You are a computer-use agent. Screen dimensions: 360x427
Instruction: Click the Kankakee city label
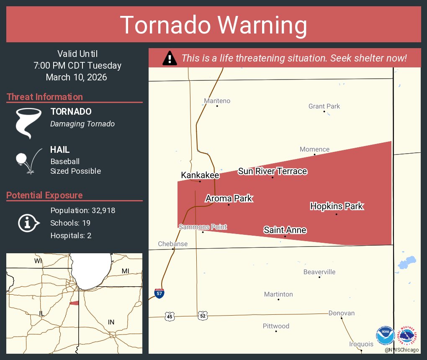click(x=200, y=175)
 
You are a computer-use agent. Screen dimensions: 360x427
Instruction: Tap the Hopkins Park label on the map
click(x=337, y=206)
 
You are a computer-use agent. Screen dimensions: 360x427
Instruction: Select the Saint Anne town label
click(x=285, y=230)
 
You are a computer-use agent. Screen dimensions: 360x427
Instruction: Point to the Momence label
click(x=314, y=149)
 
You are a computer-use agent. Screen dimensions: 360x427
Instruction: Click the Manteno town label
click(x=217, y=101)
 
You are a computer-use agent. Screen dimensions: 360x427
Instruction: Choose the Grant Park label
click(x=324, y=106)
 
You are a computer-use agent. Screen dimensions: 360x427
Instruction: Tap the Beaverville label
click(x=319, y=272)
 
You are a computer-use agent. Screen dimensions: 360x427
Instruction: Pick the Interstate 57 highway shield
click(x=159, y=293)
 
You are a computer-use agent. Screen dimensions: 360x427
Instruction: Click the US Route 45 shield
click(x=169, y=316)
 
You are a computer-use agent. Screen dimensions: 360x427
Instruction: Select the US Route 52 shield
click(x=203, y=316)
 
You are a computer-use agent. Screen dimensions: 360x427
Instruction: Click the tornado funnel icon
click(x=28, y=123)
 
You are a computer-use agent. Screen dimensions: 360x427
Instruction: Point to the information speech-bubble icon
click(x=28, y=223)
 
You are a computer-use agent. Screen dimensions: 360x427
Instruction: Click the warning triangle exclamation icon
click(x=169, y=58)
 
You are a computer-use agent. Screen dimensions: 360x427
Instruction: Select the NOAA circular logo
click(x=385, y=336)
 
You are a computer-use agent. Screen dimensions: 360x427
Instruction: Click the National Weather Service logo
click(x=408, y=335)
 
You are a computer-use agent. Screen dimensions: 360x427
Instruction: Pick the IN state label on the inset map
click(x=111, y=322)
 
